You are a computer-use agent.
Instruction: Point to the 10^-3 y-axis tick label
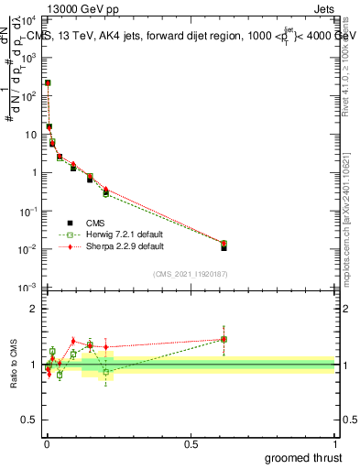pyautogui.click(x=28, y=288)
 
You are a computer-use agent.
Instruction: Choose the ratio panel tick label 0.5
pyautogui.click(x=31, y=421)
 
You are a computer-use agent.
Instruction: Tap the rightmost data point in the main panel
pyautogui.click(x=224, y=245)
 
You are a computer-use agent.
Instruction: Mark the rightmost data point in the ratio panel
pyautogui.click(x=224, y=339)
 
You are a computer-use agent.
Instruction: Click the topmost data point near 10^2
pyautogui.click(x=48, y=83)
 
